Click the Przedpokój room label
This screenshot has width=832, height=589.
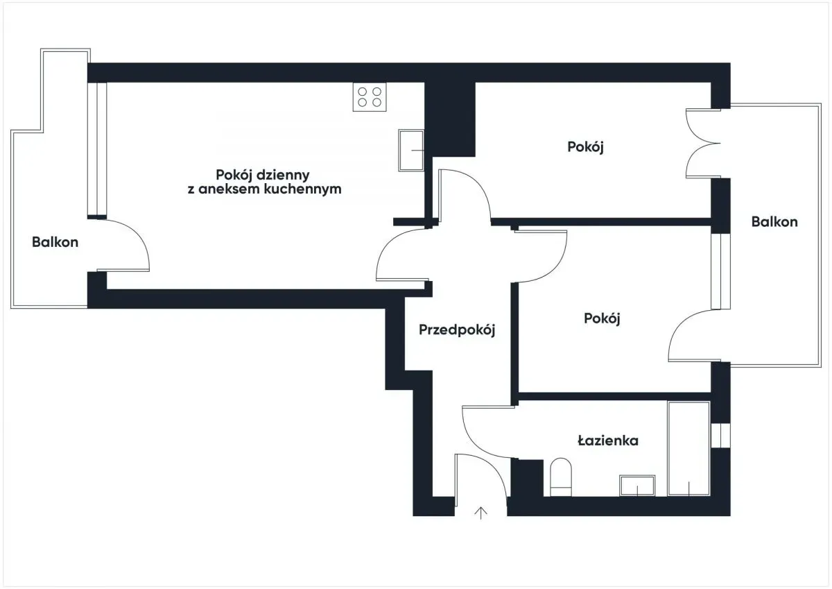[x=457, y=330]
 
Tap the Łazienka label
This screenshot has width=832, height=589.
[x=608, y=441]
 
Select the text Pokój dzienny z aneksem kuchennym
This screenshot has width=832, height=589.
[x=264, y=182]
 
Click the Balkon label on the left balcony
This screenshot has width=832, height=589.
[x=55, y=242]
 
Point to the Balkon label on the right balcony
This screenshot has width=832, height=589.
[x=774, y=221]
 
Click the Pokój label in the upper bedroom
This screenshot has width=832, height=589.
[x=585, y=147]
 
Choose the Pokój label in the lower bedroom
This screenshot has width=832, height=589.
[x=602, y=318]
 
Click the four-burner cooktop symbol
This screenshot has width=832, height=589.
[x=370, y=97]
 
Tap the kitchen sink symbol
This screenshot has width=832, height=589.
[x=411, y=150]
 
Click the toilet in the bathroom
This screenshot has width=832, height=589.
[x=560, y=477]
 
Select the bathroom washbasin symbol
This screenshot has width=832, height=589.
[x=637, y=486]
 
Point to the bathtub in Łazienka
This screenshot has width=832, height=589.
[x=688, y=448]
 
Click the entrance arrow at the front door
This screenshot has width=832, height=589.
[x=480, y=513]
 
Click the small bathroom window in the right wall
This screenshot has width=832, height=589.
[x=720, y=435]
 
